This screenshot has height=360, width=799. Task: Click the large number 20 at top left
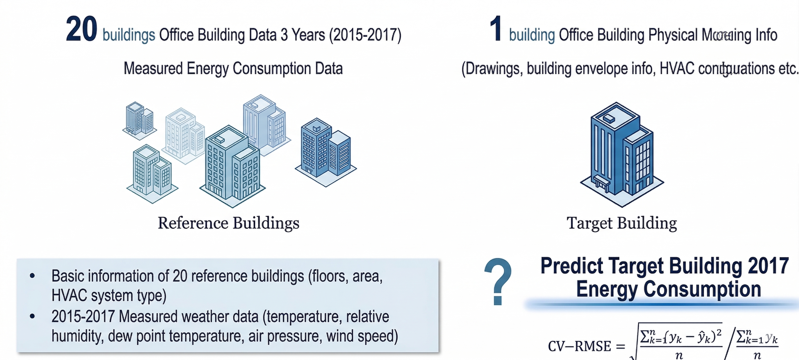[82, 30]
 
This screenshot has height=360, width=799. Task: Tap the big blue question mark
[498, 281]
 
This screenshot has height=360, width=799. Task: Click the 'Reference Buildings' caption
[229, 223]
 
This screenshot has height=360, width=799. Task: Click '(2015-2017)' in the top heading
[365, 35]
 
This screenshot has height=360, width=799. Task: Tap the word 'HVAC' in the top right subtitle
[677, 69]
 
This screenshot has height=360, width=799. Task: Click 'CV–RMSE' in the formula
[579, 346]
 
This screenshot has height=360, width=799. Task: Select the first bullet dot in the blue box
[32, 275]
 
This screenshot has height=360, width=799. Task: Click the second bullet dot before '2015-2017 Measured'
[32, 316]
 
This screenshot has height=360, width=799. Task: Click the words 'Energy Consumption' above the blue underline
[669, 289]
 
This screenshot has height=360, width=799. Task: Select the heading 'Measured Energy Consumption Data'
[233, 69]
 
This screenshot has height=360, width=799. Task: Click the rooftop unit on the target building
[609, 118]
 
